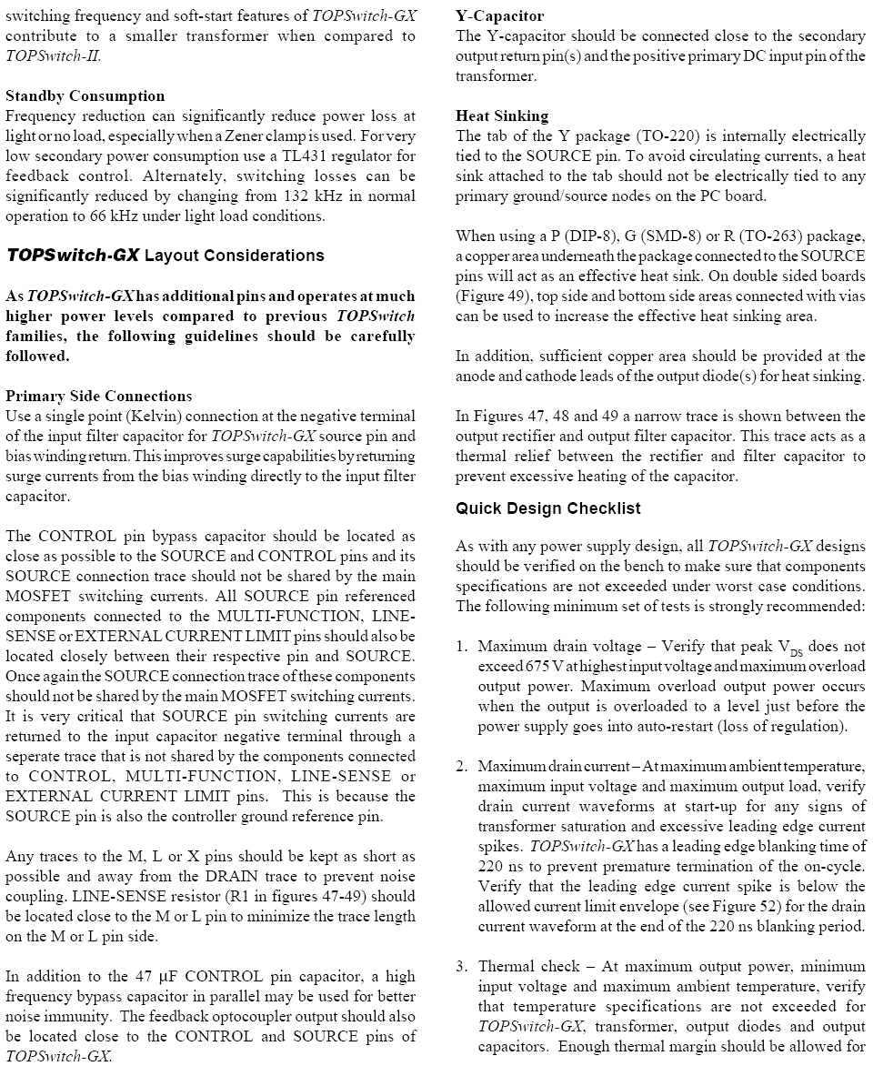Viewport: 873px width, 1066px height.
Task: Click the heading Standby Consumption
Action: [85, 96]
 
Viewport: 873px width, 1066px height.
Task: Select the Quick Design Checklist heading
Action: [547, 508]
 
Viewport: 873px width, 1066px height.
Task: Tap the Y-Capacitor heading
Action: [499, 15]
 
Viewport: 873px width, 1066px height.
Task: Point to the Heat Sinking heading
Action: [502, 116]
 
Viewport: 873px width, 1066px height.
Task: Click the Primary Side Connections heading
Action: [98, 396]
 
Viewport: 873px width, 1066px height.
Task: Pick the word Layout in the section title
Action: [174, 256]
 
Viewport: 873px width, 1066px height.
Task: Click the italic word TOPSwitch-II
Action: [53, 55]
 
